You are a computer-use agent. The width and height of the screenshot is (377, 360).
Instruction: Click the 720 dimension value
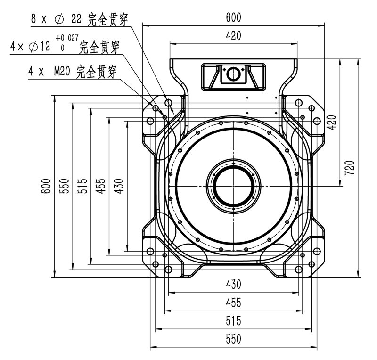(x=350, y=168)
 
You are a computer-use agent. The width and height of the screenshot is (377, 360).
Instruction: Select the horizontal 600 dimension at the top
(x=233, y=17)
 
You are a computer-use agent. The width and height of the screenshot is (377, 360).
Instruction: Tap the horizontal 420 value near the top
(x=233, y=35)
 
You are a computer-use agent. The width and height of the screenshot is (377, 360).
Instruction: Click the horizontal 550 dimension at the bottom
(x=233, y=339)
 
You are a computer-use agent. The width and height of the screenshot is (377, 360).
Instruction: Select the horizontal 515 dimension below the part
(x=233, y=321)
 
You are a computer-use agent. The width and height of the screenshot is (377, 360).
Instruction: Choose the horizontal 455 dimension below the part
(x=233, y=302)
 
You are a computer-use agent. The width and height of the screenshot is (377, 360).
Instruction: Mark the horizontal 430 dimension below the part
(x=233, y=284)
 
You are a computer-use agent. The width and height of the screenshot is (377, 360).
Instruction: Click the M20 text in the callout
(x=62, y=72)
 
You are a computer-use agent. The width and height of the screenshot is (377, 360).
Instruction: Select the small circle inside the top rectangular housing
(x=233, y=74)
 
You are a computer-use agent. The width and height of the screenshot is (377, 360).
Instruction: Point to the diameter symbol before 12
(x=33, y=47)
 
